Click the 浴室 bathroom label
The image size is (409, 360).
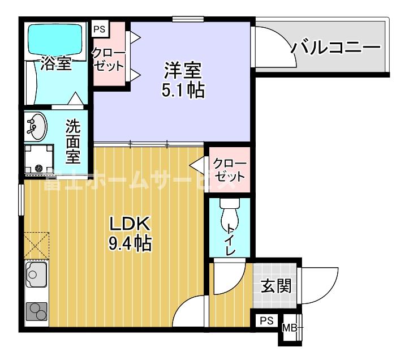[x=55, y=64]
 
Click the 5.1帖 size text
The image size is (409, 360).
[x=183, y=90]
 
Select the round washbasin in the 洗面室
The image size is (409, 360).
[x=37, y=126]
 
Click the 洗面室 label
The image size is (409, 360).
[x=73, y=140]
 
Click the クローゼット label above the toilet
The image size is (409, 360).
[x=229, y=169]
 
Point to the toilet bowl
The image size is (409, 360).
[x=230, y=216]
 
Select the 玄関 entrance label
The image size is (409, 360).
[x=275, y=286]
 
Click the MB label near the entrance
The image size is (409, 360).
[x=289, y=328]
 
